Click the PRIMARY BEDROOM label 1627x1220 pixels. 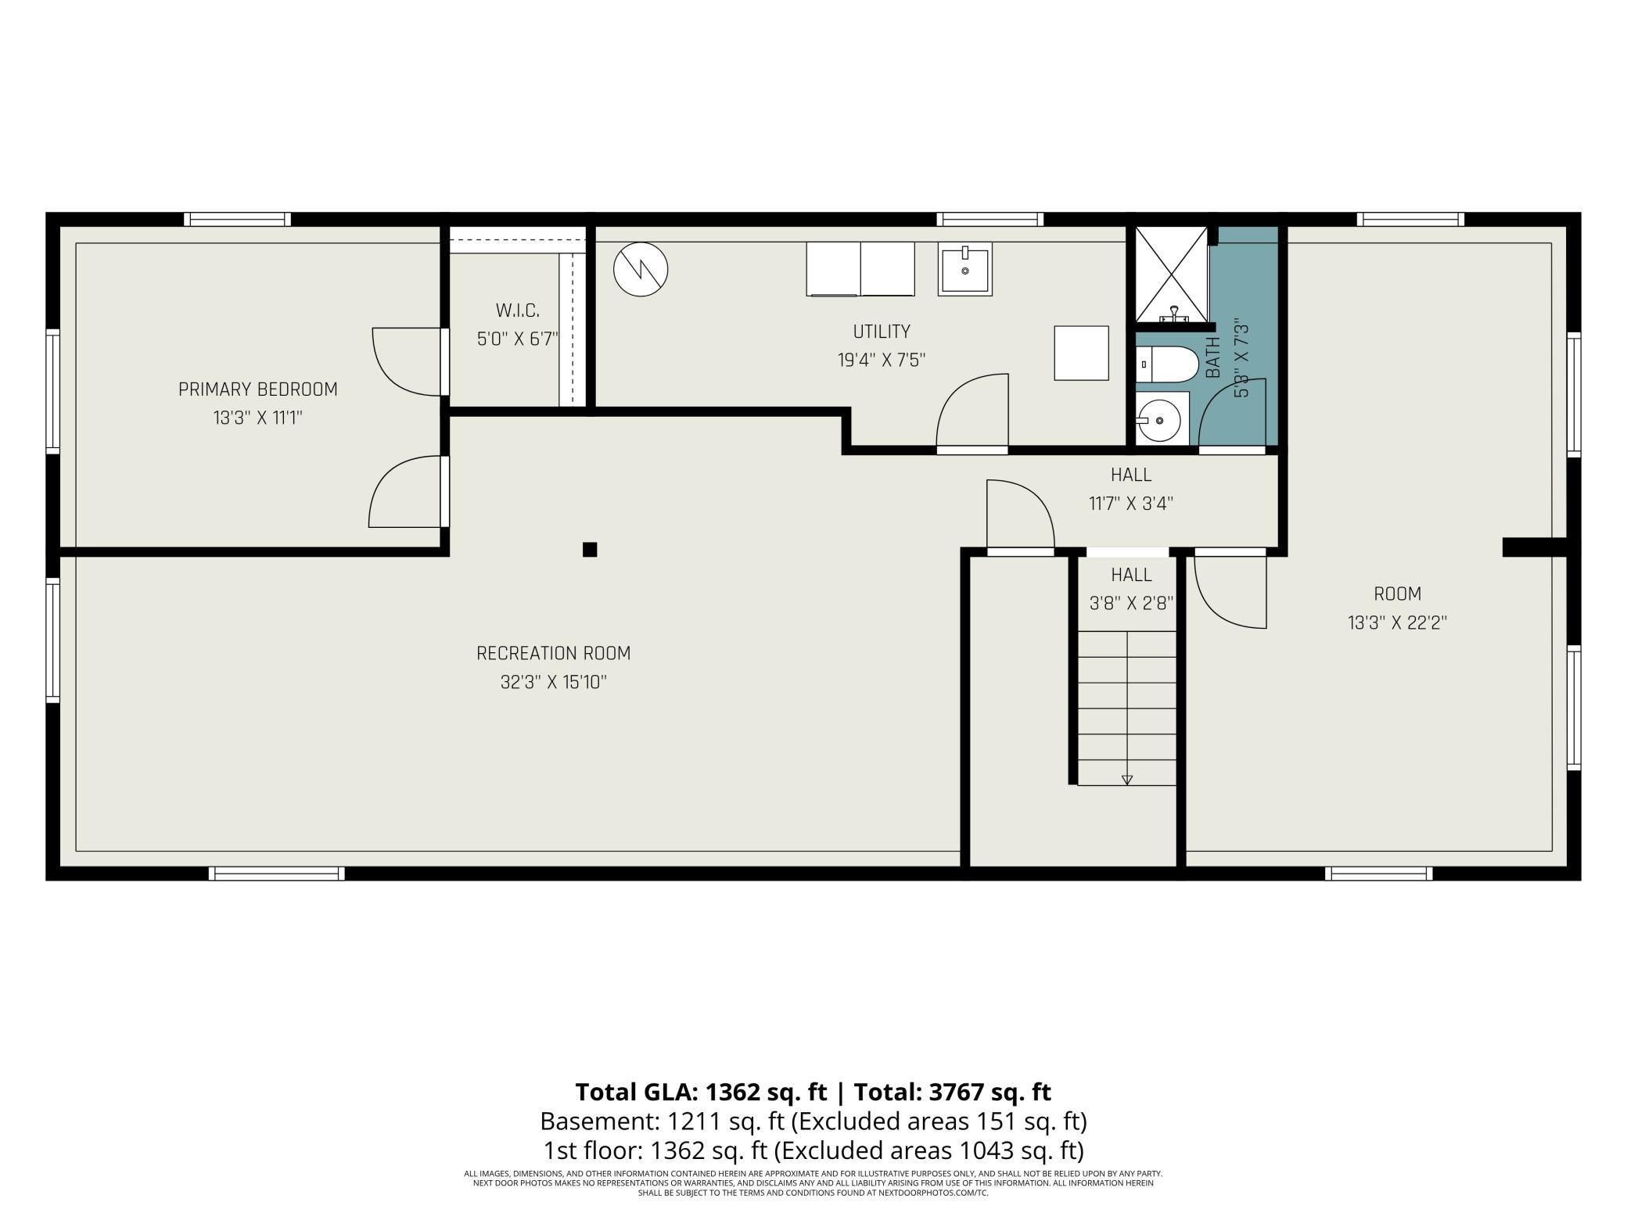(258, 389)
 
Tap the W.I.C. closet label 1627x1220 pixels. (517, 310)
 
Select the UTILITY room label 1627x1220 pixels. (882, 332)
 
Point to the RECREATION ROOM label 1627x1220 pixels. (553, 653)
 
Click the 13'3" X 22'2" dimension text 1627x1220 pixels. (1397, 623)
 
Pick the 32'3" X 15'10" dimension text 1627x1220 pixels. (553, 682)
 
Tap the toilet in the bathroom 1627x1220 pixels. (1166, 365)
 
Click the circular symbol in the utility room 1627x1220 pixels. (641, 270)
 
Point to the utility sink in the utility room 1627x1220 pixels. (965, 269)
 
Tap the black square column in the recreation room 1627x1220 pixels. (590, 549)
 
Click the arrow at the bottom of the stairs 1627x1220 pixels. (1127, 780)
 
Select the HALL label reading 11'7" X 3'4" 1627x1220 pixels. (1131, 489)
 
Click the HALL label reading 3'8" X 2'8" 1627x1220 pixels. (1131, 589)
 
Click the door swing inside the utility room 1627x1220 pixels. (972, 411)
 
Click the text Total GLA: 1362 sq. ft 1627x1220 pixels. (701, 1091)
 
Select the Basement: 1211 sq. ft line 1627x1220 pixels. (663, 1121)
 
